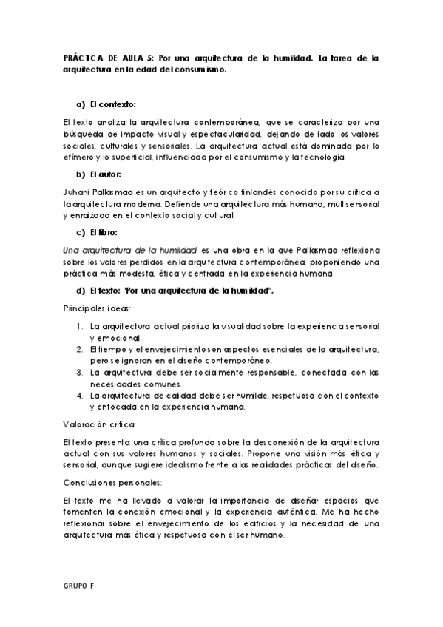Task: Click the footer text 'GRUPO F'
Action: pyautogui.click(x=78, y=584)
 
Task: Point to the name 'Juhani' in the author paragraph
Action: pyautogui.click(x=77, y=192)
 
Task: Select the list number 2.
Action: pyautogui.click(x=80, y=348)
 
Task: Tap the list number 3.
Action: pyautogui.click(x=80, y=372)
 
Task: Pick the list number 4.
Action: pyautogui.click(x=80, y=395)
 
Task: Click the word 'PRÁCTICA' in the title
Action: pyautogui.click(x=85, y=57)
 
